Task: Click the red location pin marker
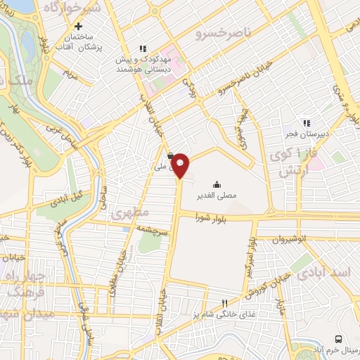pyautogui.click(x=181, y=166)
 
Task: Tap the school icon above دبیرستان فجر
pyautogui.click(x=306, y=121)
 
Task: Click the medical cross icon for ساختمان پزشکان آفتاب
pyautogui.click(x=89, y=26)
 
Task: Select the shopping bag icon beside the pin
pyautogui.click(x=171, y=156)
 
